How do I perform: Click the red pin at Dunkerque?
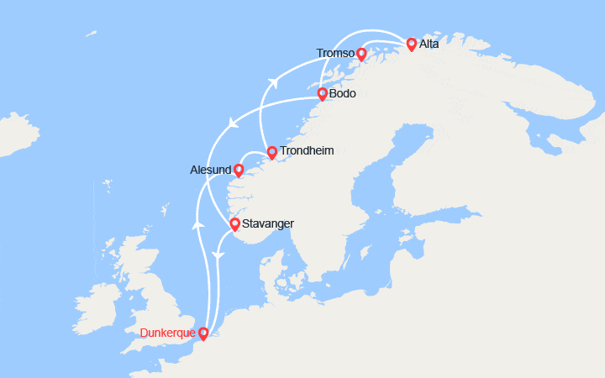pos(203,333)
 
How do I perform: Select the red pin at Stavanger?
pos(234,223)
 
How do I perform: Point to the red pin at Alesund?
pos(238,170)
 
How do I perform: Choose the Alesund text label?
pos(211,170)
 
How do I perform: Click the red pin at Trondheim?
pos(271,152)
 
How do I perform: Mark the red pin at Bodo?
pos(322,93)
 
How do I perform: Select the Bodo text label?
pos(342,93)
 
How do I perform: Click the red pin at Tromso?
pos(361,54)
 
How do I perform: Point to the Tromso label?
pos(335,54)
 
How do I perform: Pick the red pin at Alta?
pos(411,44)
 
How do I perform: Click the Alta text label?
pos(429,44)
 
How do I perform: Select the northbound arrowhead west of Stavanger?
pos(198,224)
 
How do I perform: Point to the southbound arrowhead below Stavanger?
pos(217,255)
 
